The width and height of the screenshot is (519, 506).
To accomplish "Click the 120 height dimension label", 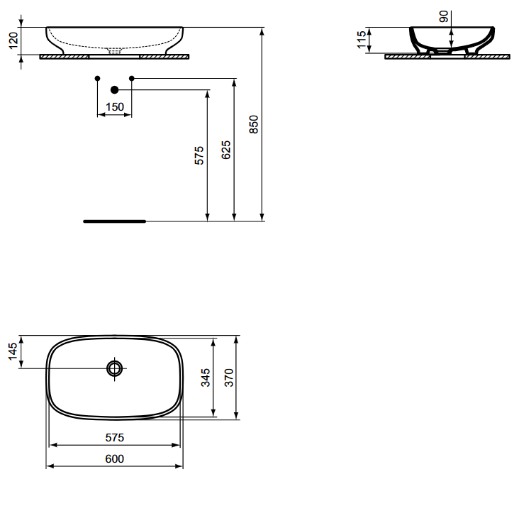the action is click(13, 40).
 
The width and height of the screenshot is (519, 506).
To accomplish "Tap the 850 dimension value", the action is click(254, 124).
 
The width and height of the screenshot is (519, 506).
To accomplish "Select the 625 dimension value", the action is click(226, 150).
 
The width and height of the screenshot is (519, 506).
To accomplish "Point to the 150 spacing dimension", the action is click(115, 107).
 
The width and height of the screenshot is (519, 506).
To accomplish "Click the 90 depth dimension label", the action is click(444, 16).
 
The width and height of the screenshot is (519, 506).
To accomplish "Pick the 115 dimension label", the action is click(362, 40).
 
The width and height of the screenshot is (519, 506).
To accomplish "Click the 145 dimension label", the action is click(13, 351).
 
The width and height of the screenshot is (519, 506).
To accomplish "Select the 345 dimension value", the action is click(206, 378).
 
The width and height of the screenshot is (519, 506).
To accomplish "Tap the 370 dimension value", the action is click(229, 378).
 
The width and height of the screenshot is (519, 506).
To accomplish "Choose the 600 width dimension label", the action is click(115, 459).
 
